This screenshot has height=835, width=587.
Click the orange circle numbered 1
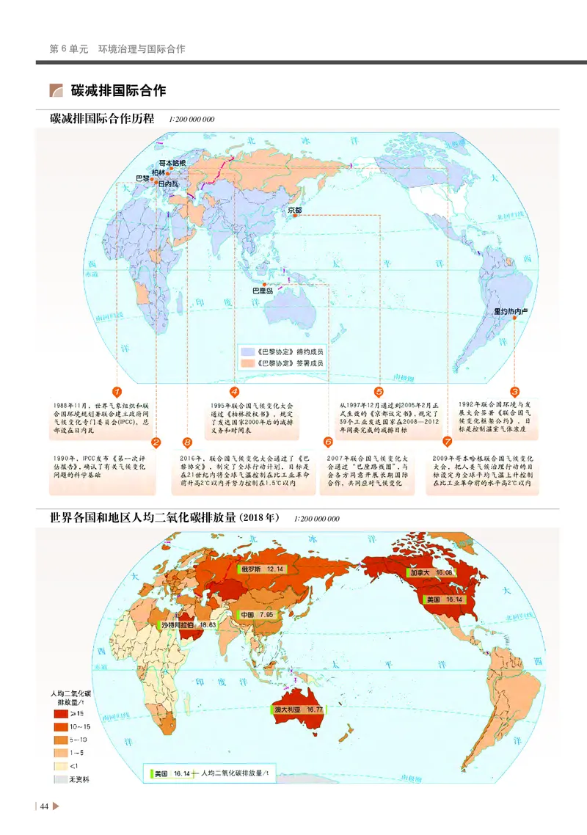point(117,392)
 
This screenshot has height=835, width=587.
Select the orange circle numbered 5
point(379,392)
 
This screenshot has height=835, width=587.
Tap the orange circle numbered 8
point(187,442)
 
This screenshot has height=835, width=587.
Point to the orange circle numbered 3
point(514,392)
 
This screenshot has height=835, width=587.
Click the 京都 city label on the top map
point(294,210)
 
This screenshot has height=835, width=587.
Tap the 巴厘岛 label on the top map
point(262,291)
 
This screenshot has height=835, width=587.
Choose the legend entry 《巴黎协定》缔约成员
point(283,350)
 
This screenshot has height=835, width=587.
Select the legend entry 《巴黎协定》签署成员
point(283,362)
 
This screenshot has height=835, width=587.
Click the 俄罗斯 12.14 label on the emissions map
point(262,569)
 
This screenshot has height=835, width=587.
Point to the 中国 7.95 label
point(252,614)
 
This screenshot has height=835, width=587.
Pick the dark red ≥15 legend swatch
point(59,712)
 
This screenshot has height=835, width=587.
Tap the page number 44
point(44,807)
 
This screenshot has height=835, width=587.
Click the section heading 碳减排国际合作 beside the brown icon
point(118,91)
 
